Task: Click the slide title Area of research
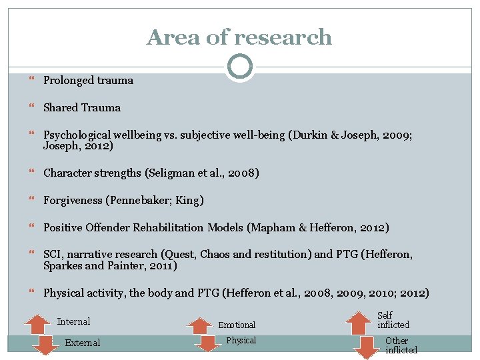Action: coord(239,37)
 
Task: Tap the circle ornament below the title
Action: coord(239,67)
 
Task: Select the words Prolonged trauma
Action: coord(88,81)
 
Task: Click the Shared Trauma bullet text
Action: coord(82,108)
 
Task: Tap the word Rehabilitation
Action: coord(168,228)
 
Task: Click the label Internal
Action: coord(73,321)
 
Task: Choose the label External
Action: coord(82,343)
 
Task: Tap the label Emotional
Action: coord(237,325)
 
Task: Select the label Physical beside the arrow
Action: coord(241,341)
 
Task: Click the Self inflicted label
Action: coord(393,320)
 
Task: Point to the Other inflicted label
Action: coord(401,345)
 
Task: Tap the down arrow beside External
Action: coord(45,346)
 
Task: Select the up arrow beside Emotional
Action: coord(199,326)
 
